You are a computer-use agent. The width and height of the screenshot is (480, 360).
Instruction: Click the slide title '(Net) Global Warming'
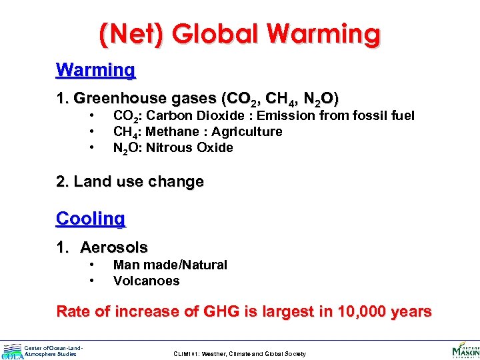[x=239, y=33]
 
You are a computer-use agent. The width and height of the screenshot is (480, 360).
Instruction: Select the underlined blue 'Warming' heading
[x=96, y=69]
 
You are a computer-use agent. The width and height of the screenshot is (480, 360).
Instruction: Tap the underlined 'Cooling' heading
[x=91, y=218]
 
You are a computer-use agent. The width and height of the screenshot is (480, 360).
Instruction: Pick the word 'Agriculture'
[x=247, y=131]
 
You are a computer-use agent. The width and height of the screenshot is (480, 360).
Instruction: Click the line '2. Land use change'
[x=130, y=181]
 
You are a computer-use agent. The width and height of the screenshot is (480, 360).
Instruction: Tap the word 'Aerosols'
[x=114, y=247]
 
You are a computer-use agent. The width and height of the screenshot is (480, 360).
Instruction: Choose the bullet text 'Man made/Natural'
[x=170, y=265]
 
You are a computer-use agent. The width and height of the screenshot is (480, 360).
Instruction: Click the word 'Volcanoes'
[x=146, y=281]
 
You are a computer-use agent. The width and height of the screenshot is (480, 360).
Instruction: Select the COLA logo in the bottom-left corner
[x=12, y=351]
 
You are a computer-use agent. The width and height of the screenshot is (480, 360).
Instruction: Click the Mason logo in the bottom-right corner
[x=465, y=350]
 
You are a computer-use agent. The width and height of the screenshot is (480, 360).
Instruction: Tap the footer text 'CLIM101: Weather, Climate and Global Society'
[x=239, y=354]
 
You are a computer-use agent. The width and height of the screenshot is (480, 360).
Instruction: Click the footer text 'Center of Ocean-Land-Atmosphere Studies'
[x=53, y=351]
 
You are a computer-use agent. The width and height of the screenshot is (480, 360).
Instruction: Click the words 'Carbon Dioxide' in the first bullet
[x=187, y=115]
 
